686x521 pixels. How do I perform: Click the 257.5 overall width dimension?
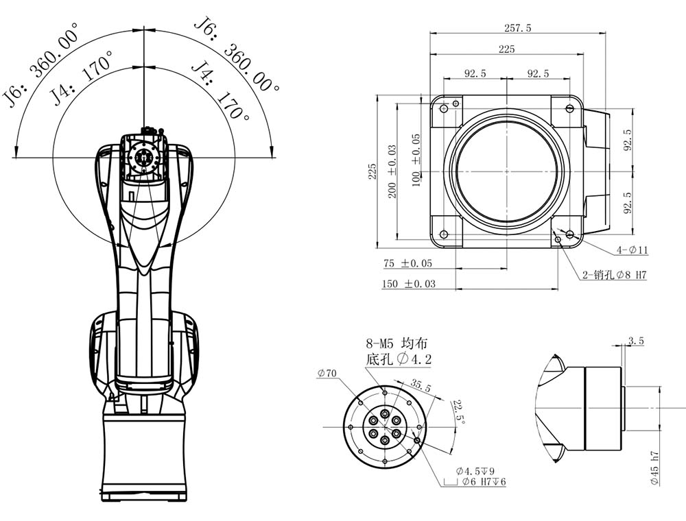(x=517, y=28)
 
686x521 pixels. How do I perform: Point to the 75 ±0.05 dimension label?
(x=407, y=263)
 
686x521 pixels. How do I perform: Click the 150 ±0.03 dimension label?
(x=408, y=283)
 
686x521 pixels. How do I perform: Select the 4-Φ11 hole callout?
(x=632, y=250)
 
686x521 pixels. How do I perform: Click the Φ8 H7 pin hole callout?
(x=615, y=275)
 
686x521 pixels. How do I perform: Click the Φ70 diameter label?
(x=327, y=374)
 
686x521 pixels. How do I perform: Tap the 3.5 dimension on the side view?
(x=635, y=340)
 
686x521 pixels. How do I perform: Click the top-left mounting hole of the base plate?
(x=444, y=109)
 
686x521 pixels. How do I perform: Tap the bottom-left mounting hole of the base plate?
(x=444, y=234)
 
